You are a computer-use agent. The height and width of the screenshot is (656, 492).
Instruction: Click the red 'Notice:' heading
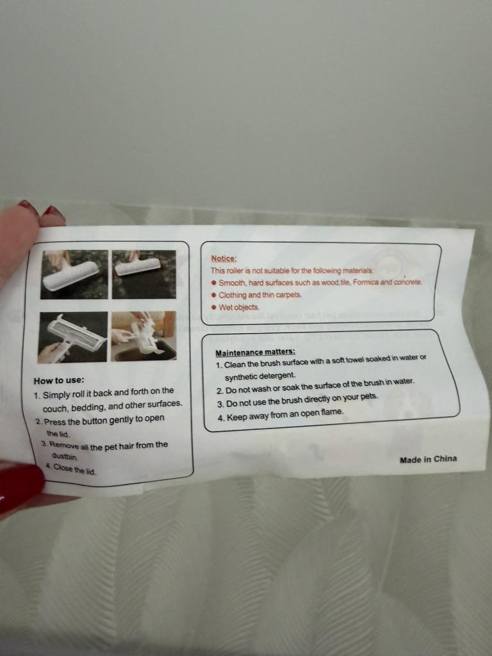[x=224, y=259]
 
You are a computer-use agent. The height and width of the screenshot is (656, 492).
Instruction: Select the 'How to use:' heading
[x=59, y=381]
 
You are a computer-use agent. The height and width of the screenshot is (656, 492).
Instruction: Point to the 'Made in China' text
[x=428, y=459]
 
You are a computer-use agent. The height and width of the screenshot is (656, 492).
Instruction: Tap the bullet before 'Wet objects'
[x=213, y=307]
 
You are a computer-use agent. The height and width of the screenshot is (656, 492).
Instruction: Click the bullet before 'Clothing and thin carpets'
[x=213, y=295]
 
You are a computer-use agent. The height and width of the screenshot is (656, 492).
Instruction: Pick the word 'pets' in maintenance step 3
[x=369, y=396]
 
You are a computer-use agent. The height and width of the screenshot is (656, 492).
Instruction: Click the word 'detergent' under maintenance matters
[x=277, y=375]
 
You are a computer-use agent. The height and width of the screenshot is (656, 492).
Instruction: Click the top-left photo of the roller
[x=74, y=274]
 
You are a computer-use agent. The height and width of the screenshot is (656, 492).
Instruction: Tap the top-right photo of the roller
[x=144, y=274]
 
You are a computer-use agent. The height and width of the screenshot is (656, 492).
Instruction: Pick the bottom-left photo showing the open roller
[x=73, y=337]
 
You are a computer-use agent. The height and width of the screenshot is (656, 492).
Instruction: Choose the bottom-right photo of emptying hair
[x=143, y=336]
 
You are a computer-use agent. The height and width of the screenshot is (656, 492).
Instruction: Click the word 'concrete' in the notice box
[x=408, y=282]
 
